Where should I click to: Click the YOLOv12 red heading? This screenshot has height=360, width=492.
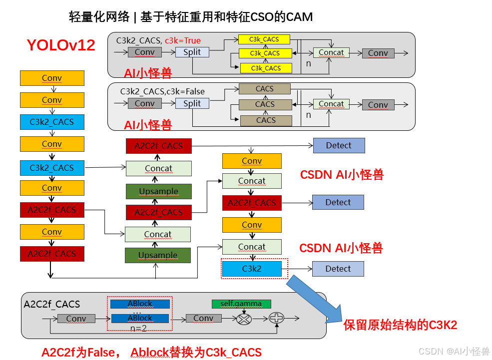tap(61, 45)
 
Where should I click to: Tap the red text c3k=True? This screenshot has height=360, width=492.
tap(183, 40)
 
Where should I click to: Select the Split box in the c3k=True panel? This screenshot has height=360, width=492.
tap(192, 52)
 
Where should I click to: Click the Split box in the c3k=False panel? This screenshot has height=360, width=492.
tap(192, 103)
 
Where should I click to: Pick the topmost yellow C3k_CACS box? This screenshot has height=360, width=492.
tap(265, 39)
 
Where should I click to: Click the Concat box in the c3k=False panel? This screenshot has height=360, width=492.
tap(331, 104)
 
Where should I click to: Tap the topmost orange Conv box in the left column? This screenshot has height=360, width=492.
tap(52, 78)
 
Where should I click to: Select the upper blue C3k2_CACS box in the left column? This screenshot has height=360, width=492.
tap(52, 122)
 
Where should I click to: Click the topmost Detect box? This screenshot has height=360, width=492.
tap(339, 145)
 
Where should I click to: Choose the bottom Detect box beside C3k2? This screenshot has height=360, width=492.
tap(338, 269)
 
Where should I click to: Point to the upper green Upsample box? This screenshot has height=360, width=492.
tap(158, 191)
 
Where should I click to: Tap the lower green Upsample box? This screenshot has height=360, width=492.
tap(158, 255)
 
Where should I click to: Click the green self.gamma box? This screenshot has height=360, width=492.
tap(241, 304)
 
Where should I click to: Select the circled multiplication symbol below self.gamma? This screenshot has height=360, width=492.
tap(244, 318)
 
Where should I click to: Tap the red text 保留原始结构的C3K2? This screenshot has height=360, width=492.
tap(400, 325)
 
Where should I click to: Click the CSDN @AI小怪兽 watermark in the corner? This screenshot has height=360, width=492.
tap(454, 351)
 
